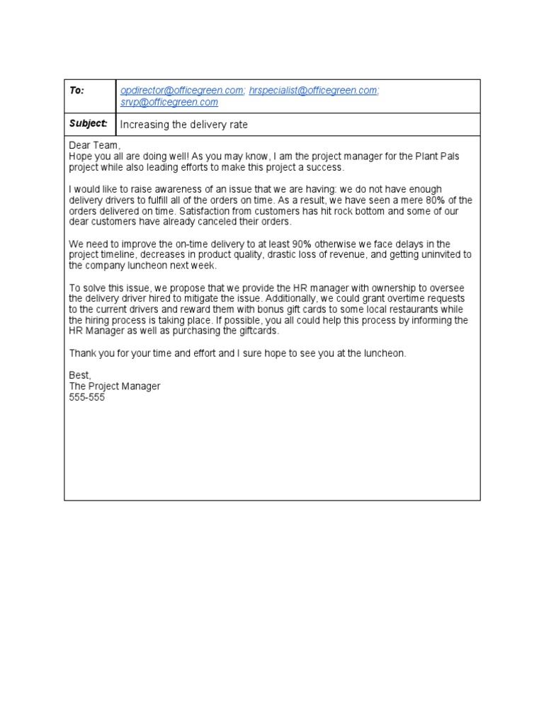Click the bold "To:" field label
tap(76, 91)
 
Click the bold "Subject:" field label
tap(89, 124)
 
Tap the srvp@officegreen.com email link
tap(169, 103)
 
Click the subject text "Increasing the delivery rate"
tap(184, 125)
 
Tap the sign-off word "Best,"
tap(80, 375)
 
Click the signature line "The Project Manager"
tap(115, 386)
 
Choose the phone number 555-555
tap(86, 397)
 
